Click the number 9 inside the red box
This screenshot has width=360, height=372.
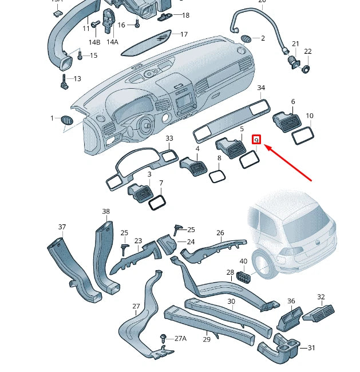click(256, 140)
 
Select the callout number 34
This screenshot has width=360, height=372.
click(261, 88)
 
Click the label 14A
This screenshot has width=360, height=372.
click(112, 42)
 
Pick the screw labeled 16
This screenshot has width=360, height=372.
click(138, 23)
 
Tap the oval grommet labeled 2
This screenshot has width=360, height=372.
click(246, 39)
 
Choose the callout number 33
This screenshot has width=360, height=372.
click(169, 139)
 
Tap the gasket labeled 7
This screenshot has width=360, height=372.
click(157, 202)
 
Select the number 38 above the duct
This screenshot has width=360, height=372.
click(106, 212)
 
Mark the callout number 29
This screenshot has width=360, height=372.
click(207, 339)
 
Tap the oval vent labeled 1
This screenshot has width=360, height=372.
click(68, 120)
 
